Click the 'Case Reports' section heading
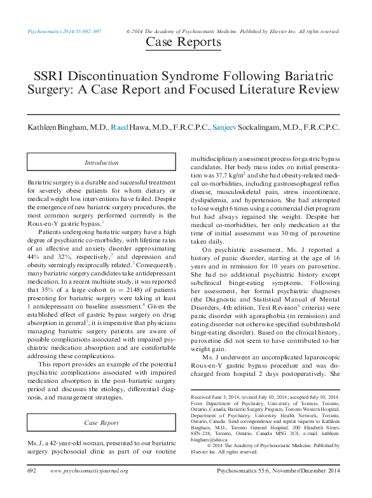184,43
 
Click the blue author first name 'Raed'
119,127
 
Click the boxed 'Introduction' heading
102,163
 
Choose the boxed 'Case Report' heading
102,422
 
